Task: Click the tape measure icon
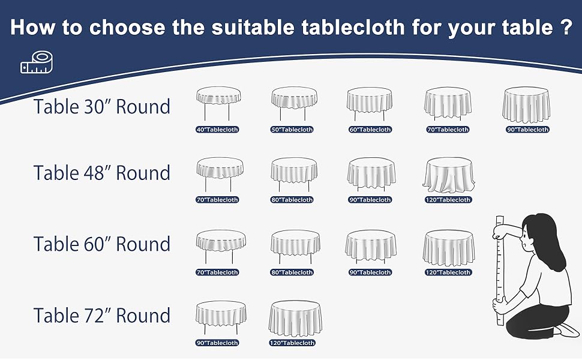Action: (34, 64)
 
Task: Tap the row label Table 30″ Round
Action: (102, 107)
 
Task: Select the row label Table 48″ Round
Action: (102, 173)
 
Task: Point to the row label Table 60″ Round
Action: (102, 244)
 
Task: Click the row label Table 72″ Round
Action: (102, 316)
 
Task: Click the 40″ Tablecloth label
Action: (217, 130)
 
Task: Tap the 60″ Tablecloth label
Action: (370, 130)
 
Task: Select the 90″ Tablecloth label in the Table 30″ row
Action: (527, 130)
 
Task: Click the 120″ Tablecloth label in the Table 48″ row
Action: (449, 200)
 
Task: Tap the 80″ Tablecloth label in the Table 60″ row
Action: (292, 272)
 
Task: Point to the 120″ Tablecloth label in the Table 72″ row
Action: (292, 343)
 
